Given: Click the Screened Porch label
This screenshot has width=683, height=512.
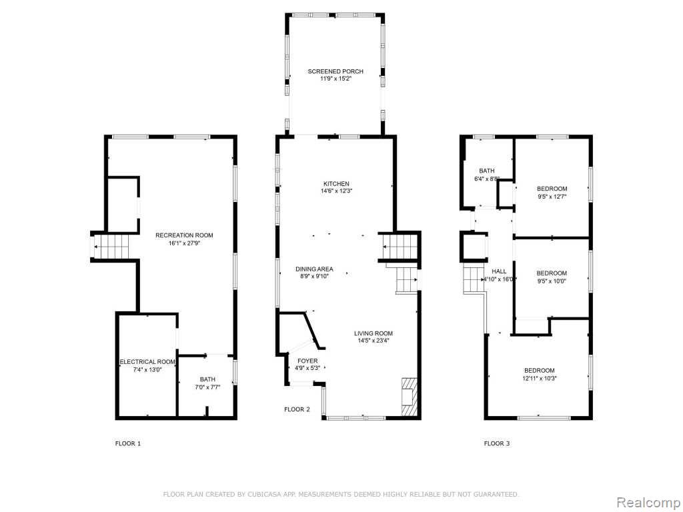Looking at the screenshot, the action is [335, 71].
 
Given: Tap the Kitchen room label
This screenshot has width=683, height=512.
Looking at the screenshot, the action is [336, 184].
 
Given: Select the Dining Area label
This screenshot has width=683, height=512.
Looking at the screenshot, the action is [314, 269].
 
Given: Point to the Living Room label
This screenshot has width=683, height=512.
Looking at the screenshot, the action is [374, 333].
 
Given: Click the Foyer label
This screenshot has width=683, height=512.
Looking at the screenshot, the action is [307, 361].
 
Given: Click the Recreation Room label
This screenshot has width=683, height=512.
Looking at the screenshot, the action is [184, 235].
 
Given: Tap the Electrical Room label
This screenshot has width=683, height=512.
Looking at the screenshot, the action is [147, 362].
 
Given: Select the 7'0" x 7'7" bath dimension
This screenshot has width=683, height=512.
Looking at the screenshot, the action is [207, 387].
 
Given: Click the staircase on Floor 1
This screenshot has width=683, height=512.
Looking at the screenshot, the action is [112, 247].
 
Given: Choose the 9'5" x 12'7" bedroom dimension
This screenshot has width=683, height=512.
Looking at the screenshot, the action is [552, 197].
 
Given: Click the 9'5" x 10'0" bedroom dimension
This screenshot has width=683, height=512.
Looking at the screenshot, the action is [552, 281].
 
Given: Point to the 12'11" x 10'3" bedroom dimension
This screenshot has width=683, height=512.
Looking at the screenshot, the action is [540, 379].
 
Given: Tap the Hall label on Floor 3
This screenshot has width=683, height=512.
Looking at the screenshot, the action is [499, 271].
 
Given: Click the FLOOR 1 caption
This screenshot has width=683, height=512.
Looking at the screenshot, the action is [127, 443].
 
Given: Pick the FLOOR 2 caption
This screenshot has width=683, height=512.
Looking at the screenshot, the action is [297, 409].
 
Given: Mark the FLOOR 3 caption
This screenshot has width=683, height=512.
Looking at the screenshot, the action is [496, 443].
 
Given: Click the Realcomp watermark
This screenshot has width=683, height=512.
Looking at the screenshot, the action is [647, 503].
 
